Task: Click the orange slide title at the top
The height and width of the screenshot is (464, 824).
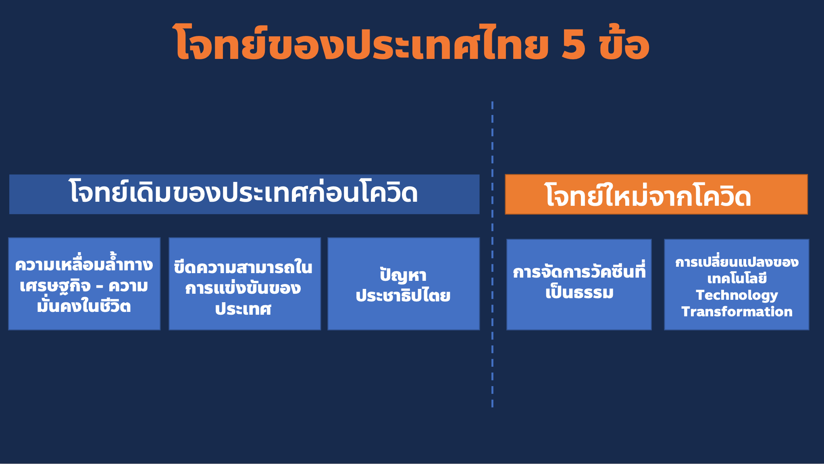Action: (411, 42)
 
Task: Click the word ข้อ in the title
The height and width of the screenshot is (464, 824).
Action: (624, 42)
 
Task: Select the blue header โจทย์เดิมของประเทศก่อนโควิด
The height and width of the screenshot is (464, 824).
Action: (244, 194)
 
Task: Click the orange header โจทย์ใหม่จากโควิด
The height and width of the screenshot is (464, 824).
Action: (656, 194)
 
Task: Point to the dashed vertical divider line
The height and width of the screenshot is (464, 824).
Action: (492, 254)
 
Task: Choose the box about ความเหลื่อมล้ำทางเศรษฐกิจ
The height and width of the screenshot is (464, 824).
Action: (84, 284)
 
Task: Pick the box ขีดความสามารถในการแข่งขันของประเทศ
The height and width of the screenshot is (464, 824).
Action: (245, 284)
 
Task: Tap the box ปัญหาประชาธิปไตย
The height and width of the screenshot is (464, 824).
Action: (404, 284)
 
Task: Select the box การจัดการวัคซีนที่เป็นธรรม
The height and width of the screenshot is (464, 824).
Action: (579, 284)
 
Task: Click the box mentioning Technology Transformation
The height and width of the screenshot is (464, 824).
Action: (737, 284)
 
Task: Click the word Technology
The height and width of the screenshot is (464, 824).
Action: (737, 295)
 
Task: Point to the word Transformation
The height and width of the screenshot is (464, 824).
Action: (737, 311)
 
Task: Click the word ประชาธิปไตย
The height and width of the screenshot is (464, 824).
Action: (403, 296)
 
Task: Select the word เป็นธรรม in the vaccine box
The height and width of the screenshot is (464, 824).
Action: (579, 292)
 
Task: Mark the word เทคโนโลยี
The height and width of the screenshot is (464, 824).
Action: (737, 278)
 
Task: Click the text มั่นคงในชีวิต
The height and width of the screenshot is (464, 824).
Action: (84, 305)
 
